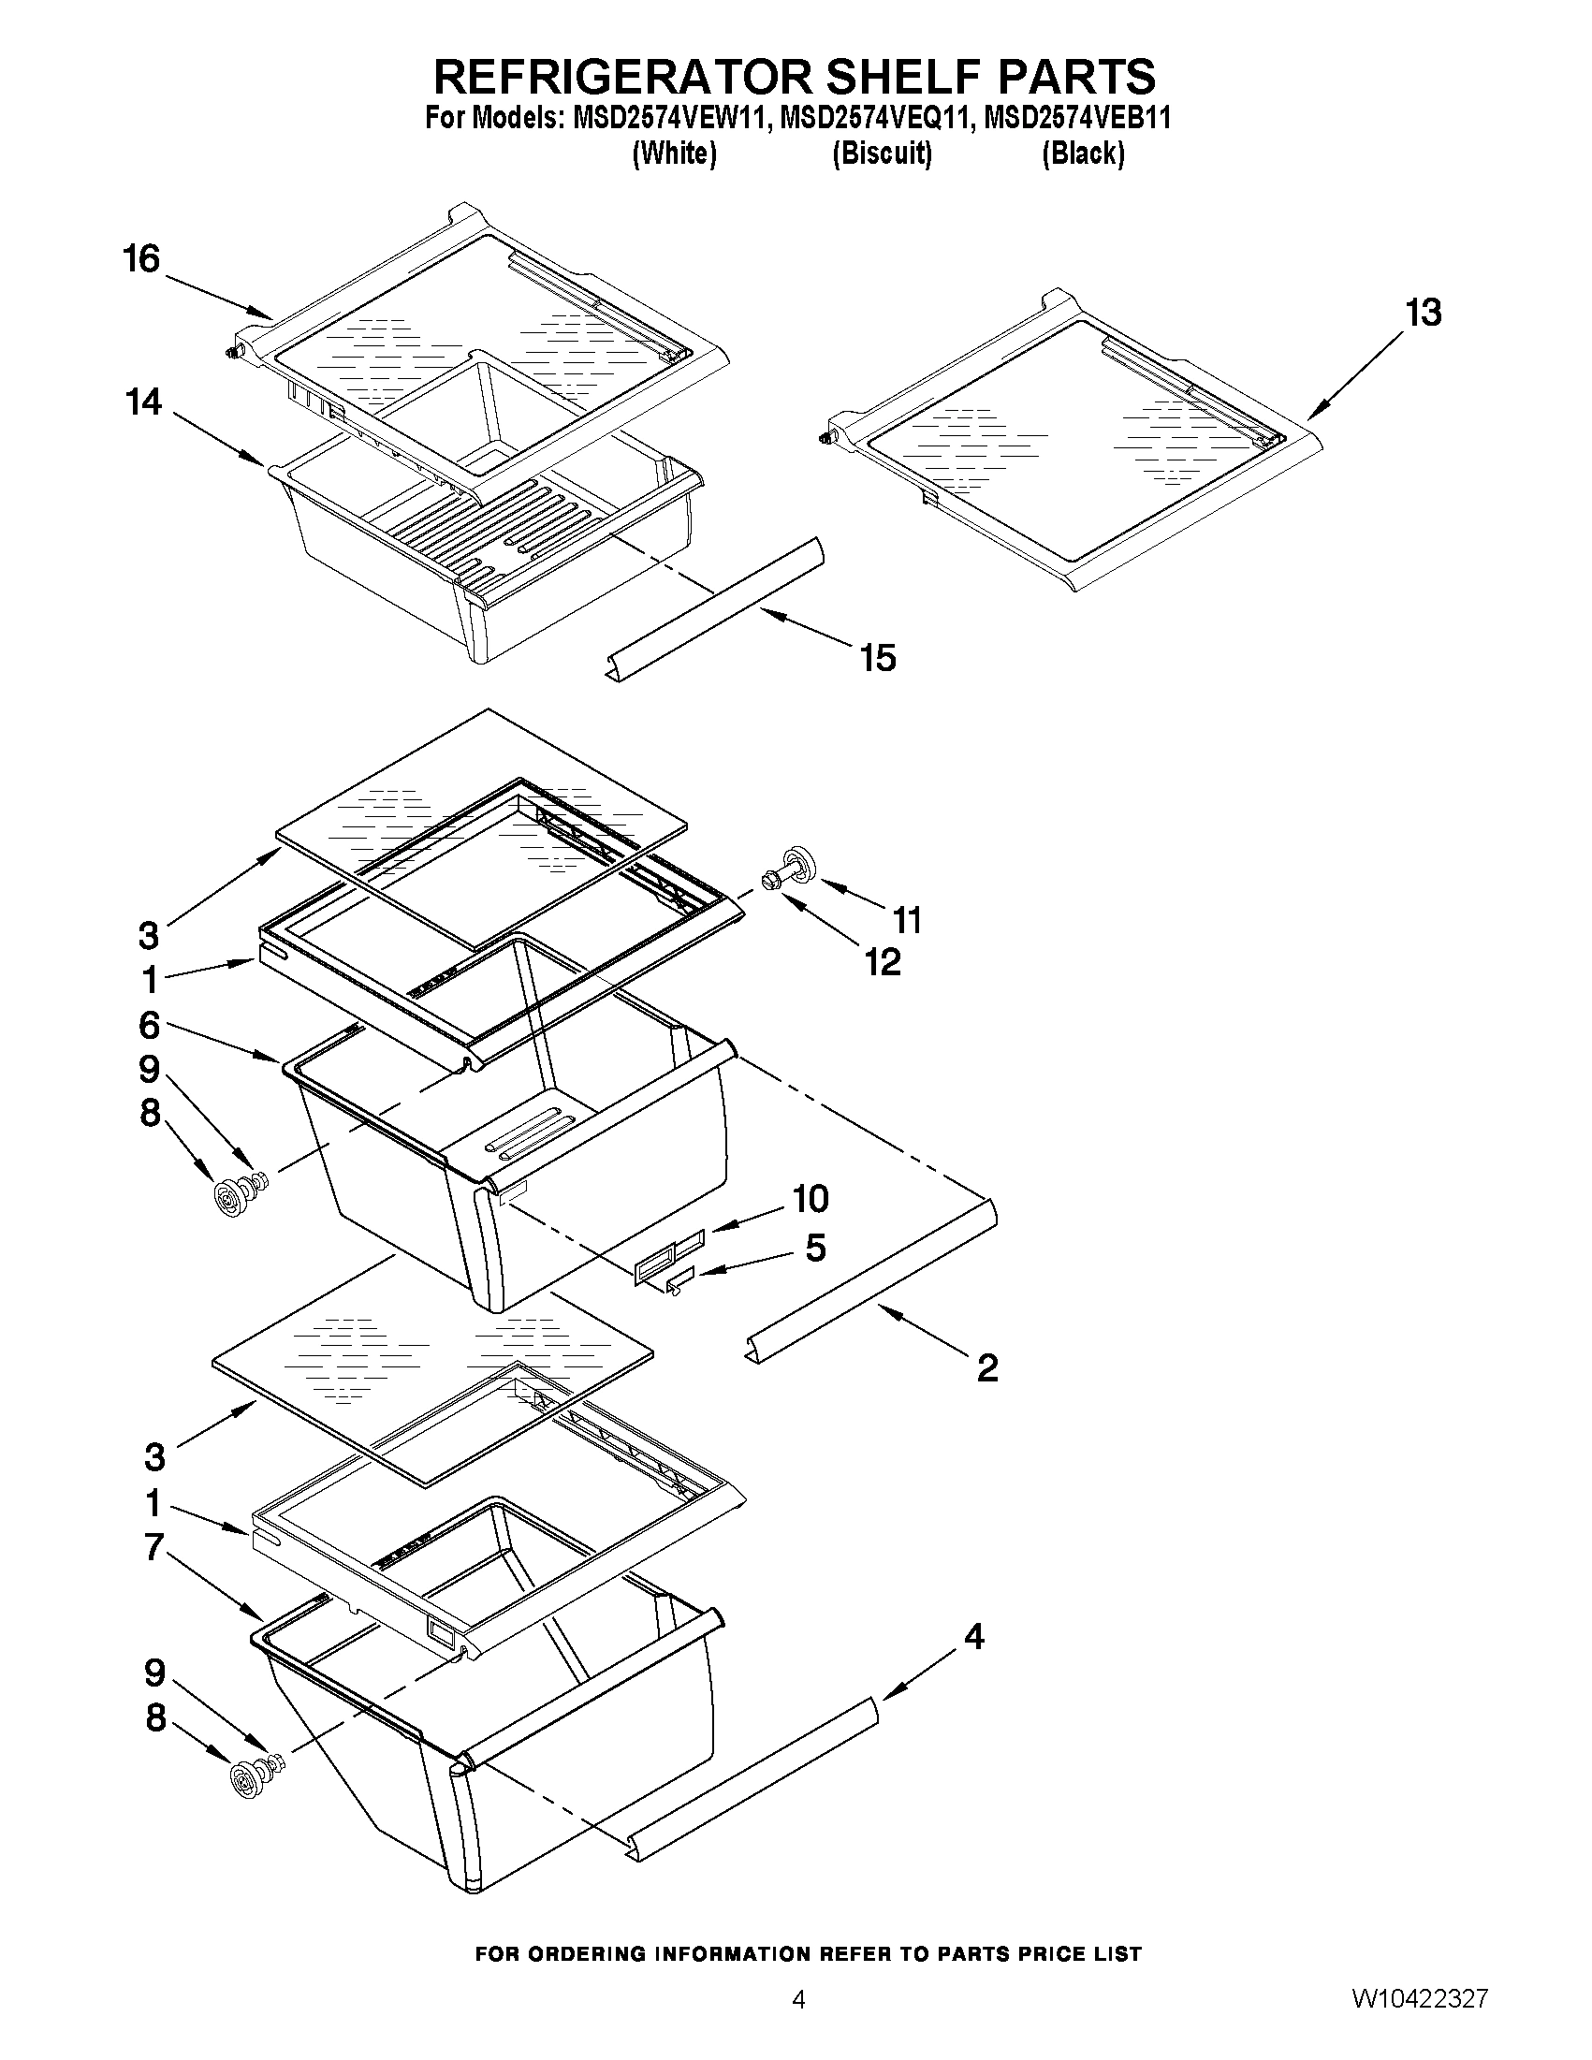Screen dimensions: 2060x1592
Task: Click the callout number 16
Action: coord(141,258)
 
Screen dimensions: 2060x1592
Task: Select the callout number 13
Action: coord(1424,313)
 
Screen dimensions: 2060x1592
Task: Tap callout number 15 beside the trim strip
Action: coord(877,657)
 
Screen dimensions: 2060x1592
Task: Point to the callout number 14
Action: coord(143,402)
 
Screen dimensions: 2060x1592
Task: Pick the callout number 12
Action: coord(883,961)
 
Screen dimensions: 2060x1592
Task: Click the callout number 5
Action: coord(815,1248)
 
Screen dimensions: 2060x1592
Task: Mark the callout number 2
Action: coord(986,1367)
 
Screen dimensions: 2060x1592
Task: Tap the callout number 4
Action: coord(973,1637)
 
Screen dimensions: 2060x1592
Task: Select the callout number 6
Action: coord(149,1024)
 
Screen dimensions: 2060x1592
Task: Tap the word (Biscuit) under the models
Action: coord(882,153)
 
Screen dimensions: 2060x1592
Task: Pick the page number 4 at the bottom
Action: coord(798,2024)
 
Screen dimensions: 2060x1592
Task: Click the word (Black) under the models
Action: coord(1083,153)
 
